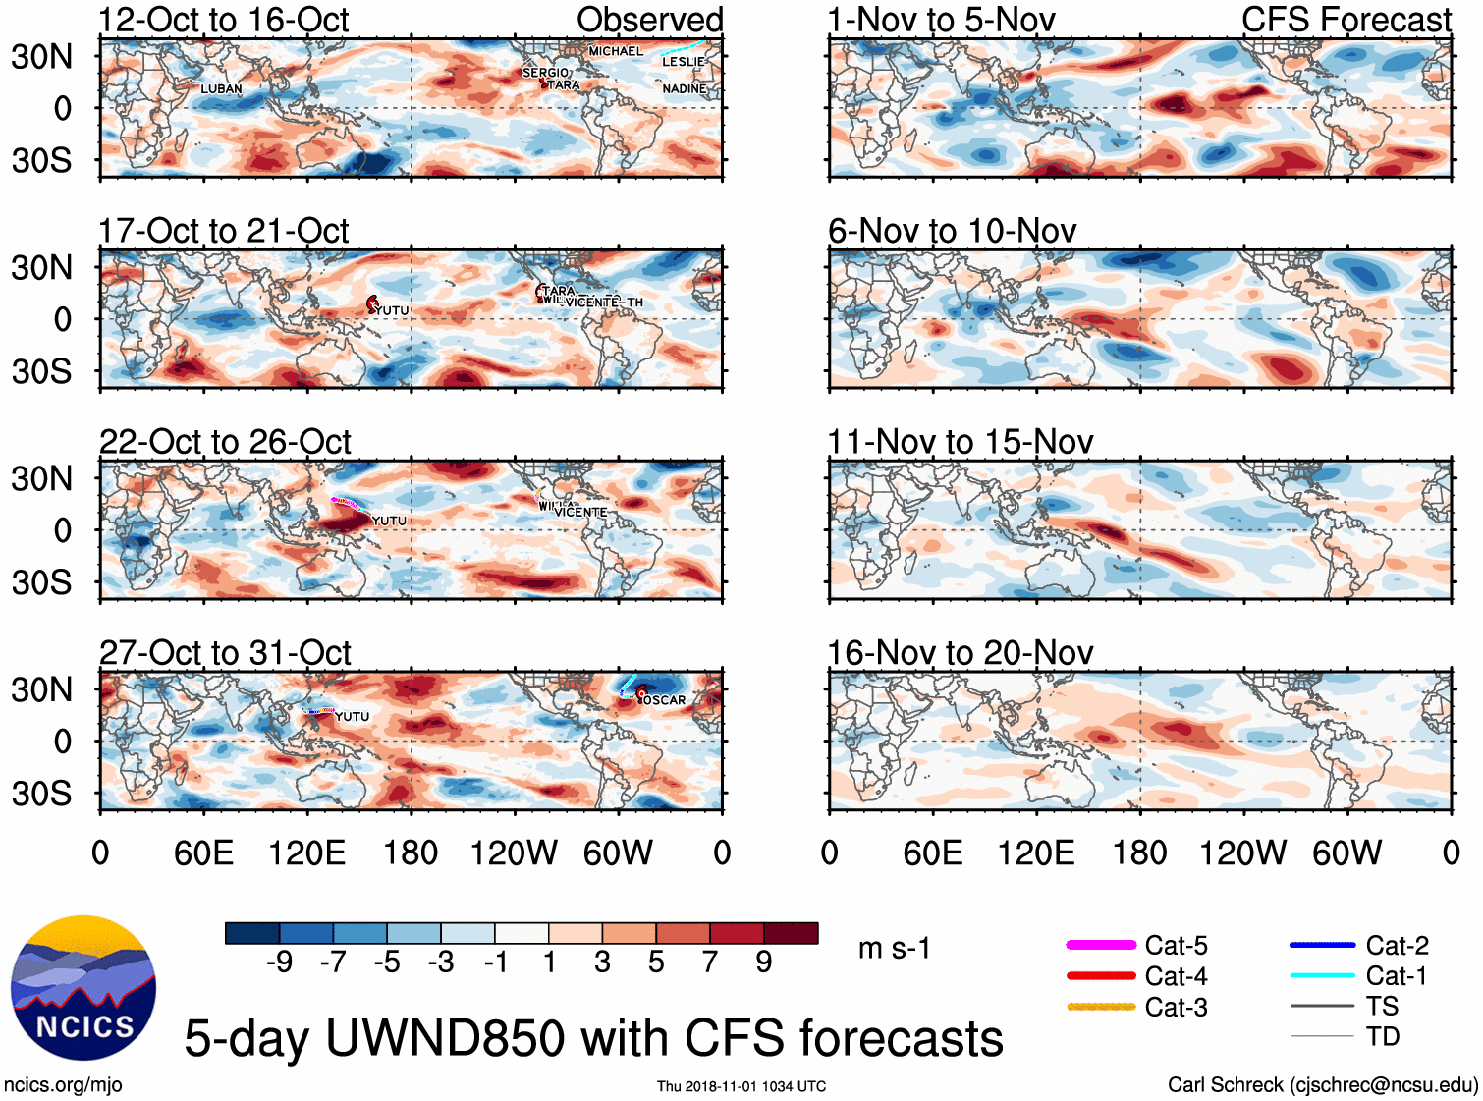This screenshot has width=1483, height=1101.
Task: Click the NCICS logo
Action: click(83, 988)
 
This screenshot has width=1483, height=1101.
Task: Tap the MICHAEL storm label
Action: click(616, 51)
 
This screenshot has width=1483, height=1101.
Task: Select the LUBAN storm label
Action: click(221, 89)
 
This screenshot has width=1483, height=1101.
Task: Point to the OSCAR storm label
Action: click(665, 700)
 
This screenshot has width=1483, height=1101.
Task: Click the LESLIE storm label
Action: click(683, 62)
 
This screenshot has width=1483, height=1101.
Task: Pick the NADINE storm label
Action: click(685, 89)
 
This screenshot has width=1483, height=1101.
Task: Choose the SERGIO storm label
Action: click(546, 73)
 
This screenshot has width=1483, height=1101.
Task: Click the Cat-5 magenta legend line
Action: click(1101, 945)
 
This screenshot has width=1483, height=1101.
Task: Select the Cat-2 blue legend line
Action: click(1322, 945)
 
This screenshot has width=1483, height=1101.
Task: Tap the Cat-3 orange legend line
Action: click(1101, 1007)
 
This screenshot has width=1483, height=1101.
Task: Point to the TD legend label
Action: click(1382, 1036)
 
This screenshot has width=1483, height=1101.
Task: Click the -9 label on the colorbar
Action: click(279, 963)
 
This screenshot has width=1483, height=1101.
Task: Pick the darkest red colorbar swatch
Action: click(791, 933)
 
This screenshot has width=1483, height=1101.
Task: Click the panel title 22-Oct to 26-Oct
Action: click(225, 442)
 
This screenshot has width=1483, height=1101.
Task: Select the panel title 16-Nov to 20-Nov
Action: click(960, 653)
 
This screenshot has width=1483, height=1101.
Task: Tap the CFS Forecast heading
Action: click(1346, 20)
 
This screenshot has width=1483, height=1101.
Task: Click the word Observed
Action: click(649, 20)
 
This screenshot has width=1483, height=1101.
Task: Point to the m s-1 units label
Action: click(894, 949)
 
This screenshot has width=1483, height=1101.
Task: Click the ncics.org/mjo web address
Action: click(63, 1085)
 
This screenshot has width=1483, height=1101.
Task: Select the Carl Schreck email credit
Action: click(1322, 1085)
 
